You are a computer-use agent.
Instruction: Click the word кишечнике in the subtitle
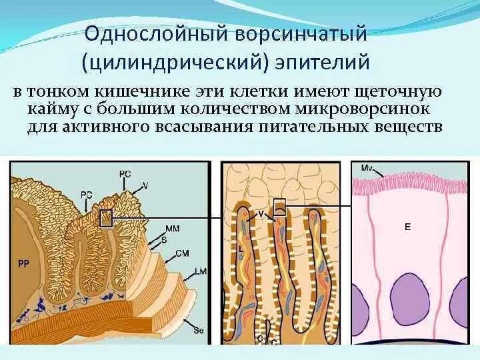148,91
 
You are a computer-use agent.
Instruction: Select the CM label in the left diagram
182,253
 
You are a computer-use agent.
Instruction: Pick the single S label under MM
163,238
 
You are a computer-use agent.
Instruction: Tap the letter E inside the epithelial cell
407,227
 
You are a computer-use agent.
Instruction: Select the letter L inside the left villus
240,249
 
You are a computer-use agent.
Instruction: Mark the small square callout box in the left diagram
105,219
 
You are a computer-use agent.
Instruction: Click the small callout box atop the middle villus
280,207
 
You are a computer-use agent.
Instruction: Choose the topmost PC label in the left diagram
125,173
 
